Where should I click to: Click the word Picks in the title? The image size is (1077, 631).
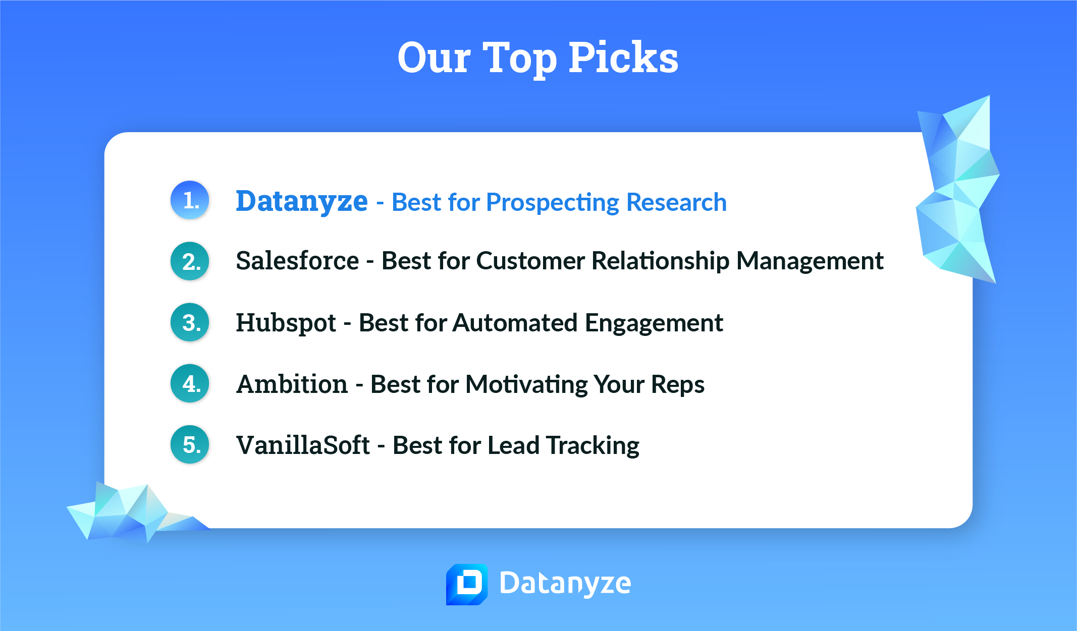tap(623, 58)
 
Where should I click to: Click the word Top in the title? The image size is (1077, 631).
tap(520, 58)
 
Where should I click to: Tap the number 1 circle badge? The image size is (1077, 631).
tap(190, 200)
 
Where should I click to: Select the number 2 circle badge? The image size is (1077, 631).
tap(190, 261)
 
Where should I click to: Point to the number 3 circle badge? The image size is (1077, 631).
tap(190, 322)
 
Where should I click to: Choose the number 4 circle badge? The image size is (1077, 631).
tap(190, 384)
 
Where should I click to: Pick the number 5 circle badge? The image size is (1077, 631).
tap(190, 445)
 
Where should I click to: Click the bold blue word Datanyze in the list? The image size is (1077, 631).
tap(302, 201)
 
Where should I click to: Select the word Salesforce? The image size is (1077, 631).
tap(297, 261)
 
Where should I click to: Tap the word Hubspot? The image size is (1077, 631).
tap(286, 323)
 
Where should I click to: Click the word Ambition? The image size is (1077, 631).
tap(292, 384)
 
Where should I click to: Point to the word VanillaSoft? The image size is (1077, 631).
tap(303, 445)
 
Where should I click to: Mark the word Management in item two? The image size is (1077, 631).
tap(810, 261)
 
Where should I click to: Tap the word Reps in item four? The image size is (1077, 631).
tap(677, 385)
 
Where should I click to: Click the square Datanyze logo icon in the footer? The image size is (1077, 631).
tap(467, 584)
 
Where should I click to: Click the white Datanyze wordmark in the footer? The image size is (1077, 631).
tap(565, 584)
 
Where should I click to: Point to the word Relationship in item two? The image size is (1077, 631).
tap(660, 261)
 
